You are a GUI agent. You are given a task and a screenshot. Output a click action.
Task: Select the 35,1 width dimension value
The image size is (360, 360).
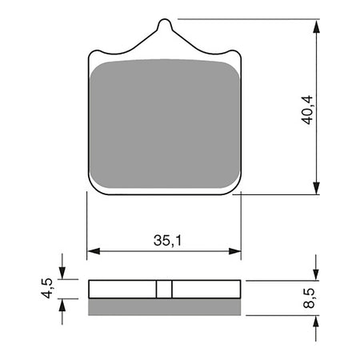tap(165, 238)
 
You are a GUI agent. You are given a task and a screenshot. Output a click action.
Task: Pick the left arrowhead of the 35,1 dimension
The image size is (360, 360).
tap(92, 250)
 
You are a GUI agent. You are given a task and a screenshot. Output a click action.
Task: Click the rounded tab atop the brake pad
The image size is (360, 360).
tap(164, 28)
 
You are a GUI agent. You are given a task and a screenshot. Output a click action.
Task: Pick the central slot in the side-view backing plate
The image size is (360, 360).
tap(164, 290)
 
